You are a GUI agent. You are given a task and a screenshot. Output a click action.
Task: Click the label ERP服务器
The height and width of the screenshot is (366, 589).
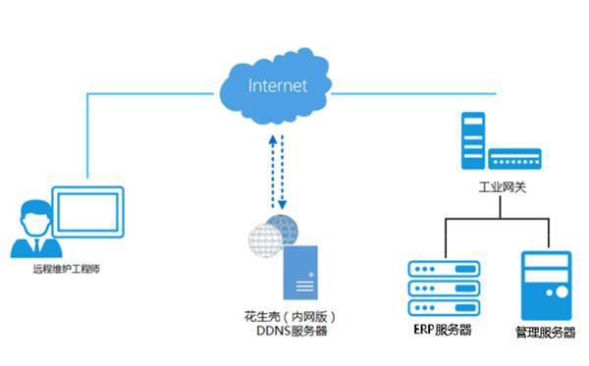(438, 330)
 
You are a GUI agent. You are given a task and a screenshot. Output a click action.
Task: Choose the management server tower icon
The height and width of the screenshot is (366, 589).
(547, 285)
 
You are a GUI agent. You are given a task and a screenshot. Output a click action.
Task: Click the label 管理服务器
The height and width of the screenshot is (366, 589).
(545, 333)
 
